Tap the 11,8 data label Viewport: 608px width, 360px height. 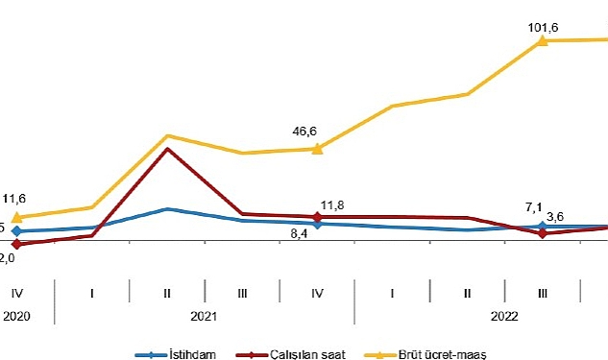pyautogui.click(x=331, y=204)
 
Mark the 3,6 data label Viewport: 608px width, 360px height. pyautogui.click(x=554, y=216)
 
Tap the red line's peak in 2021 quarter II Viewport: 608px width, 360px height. pyautogui.click(x=167, y=149)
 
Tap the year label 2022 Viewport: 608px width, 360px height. pyautogui.click(x=504, y=315)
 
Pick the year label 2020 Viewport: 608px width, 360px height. pyautogui.click(x=17, y=315)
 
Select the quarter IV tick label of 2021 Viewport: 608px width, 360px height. pyautogui.click(x=317, y=291)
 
